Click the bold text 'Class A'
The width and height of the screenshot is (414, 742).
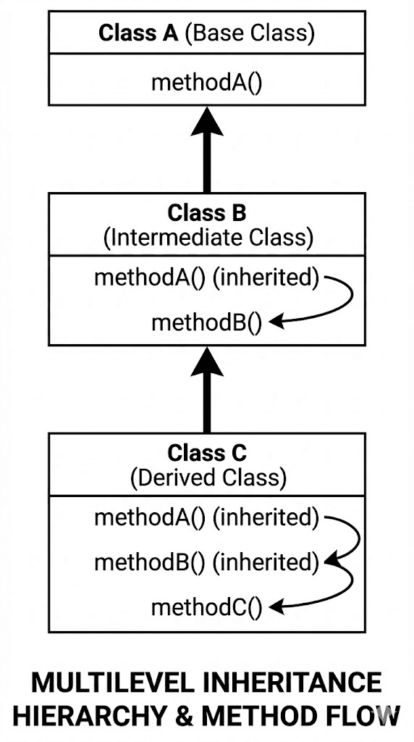click(x=138, y=33)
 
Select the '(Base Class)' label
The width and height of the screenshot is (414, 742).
click(x=250, y=33)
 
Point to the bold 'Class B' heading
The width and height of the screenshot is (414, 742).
click(x=207, y=213)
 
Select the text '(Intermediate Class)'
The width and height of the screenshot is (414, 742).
click(x=208, y=238)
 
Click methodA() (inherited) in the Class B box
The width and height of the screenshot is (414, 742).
click(x=206, y=278)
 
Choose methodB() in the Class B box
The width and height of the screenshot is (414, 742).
click(x=206, y=322)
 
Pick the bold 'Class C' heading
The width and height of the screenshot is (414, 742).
click(x=207, y=454)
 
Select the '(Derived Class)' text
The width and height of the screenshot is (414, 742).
click(x=208, y=478)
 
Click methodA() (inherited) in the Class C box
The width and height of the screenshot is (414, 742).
click(x=206, y=517)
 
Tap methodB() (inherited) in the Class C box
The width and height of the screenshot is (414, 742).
click(x=206, y=561)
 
